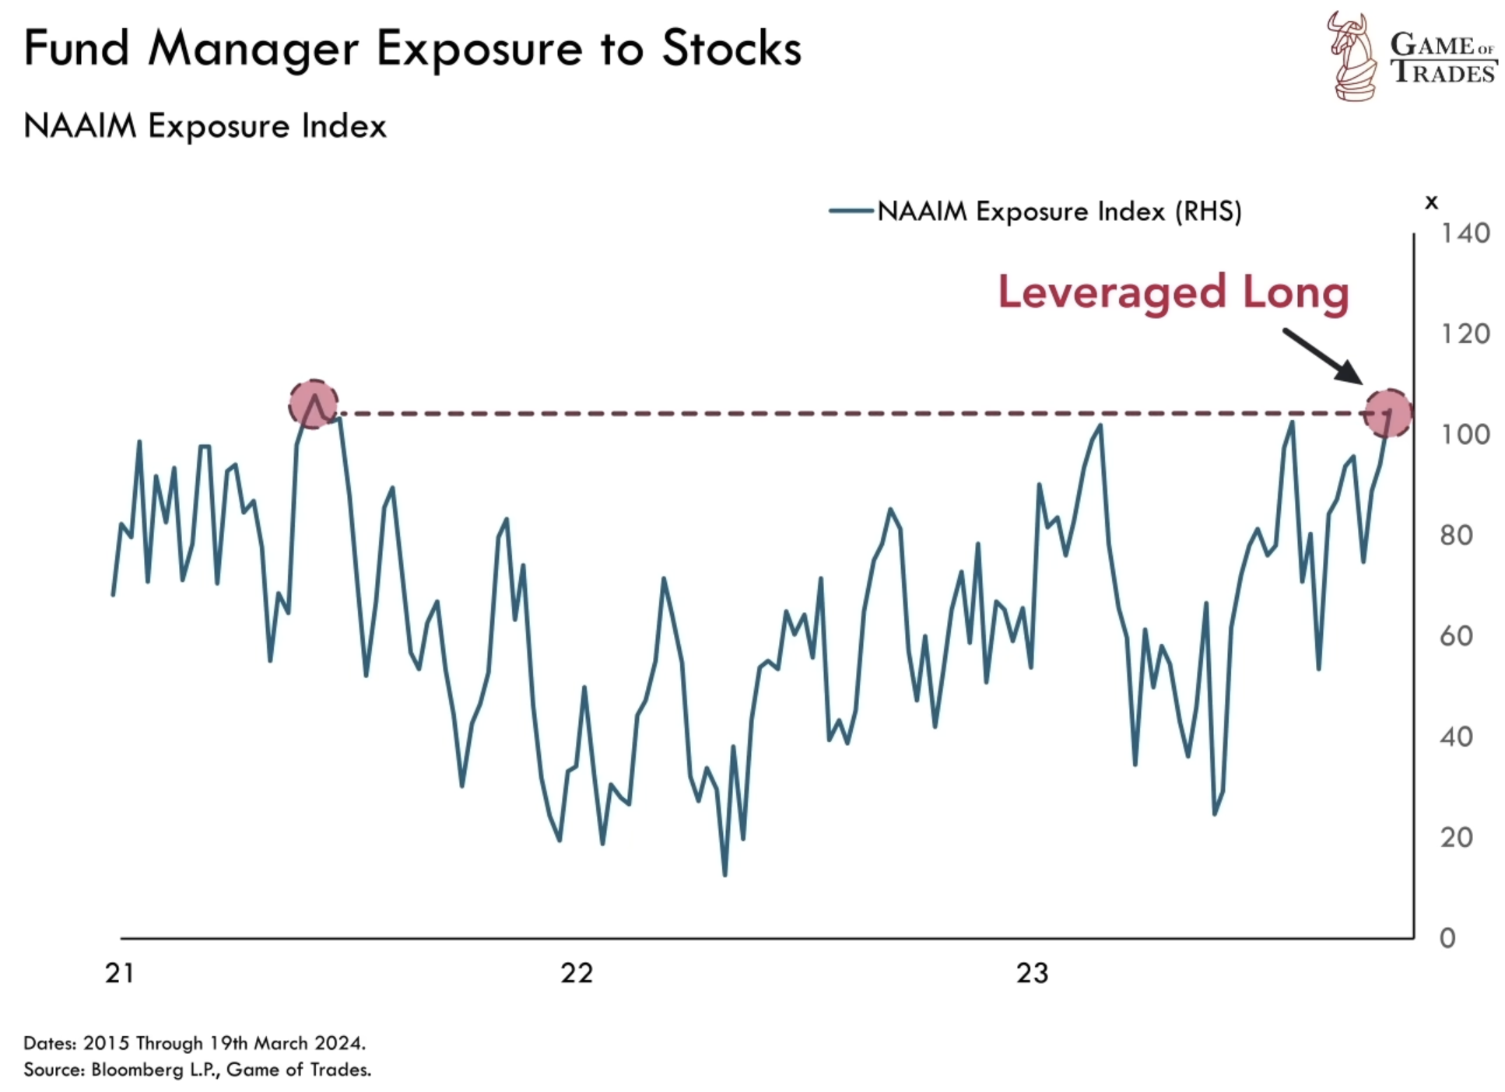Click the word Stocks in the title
click(731, 49)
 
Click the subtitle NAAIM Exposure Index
click(205, 126)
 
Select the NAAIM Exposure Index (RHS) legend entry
click(1058, 211)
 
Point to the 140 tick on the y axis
click(1465, 233)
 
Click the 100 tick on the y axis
click(1465, 434)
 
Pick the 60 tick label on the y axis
click(1456, 635)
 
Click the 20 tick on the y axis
click(1456, 838)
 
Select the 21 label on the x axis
click(120, 973)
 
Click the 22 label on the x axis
click(577, 973)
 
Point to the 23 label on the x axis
click(1033, 973)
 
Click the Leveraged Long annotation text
click(1173, 292)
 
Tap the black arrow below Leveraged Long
click(1323, 356)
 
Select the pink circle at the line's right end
click(1388, 413)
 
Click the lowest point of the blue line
click(725, 875)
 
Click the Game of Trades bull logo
click(1352, 56)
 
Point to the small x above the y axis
click(1431, 202)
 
